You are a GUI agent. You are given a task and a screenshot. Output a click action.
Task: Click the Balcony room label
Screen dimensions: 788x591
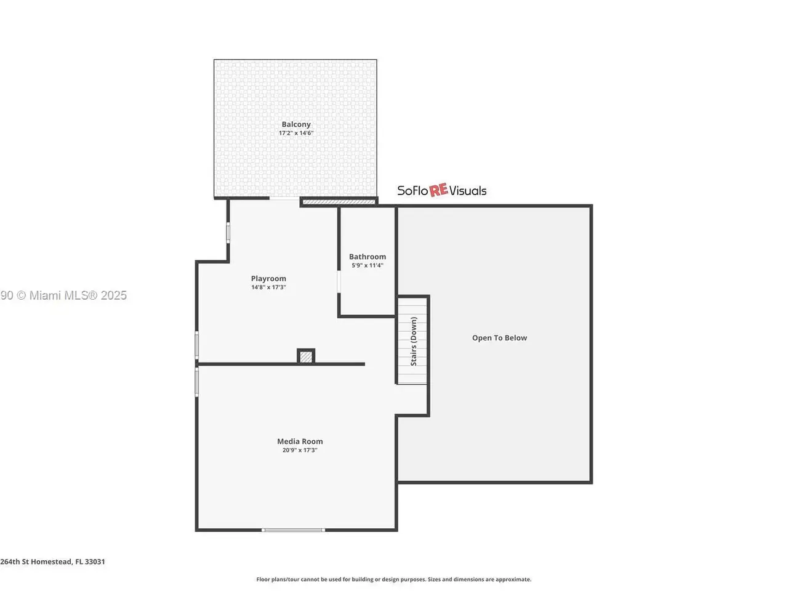(x=296, y=124)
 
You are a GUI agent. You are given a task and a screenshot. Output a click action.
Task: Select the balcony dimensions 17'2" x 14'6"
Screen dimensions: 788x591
(x=296, y=133)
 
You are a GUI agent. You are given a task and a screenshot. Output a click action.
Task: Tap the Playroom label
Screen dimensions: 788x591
(x=268, y=278)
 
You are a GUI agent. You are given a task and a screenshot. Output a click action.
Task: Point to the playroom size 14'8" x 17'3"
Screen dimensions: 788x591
(x=268, y=287)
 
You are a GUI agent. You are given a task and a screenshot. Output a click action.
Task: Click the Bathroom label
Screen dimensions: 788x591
(x=368, y=257)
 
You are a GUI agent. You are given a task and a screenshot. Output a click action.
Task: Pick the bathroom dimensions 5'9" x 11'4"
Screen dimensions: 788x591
(x=368, y=265)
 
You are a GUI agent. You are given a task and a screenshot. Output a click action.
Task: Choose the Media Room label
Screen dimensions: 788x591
(x=300, y=441)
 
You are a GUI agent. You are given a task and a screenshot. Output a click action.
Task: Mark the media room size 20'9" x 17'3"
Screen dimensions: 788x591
(x=300, y=450)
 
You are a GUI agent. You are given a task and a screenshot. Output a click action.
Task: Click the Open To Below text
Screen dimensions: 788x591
(x=499, y=337)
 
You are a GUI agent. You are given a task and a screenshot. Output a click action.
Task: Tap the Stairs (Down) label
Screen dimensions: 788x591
(x=414, y=341)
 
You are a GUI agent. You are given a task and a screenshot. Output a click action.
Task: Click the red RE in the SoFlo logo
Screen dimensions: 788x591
(x=438, y=190)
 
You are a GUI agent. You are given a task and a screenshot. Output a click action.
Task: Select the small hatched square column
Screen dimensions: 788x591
(x=306, y=356)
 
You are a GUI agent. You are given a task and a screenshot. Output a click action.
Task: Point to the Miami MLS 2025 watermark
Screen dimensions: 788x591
(x=63, y=295)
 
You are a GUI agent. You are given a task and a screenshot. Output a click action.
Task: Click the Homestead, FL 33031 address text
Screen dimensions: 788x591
(x=52, y=561)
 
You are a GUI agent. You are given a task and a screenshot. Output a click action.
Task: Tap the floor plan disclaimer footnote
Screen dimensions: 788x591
(x=393, y=579)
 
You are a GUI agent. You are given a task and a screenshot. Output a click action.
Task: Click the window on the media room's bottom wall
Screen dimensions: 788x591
(x=293, y=529)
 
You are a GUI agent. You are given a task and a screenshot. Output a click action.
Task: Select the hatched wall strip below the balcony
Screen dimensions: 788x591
(x=339, y=202)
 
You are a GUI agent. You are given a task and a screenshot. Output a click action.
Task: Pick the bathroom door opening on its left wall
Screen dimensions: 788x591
(x=339, y=282)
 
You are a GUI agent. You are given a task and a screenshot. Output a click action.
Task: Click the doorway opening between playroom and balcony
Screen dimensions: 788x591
(x=284, y=198)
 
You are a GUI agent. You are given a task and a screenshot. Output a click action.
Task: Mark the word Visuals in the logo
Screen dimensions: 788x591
(x=468, y=191)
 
